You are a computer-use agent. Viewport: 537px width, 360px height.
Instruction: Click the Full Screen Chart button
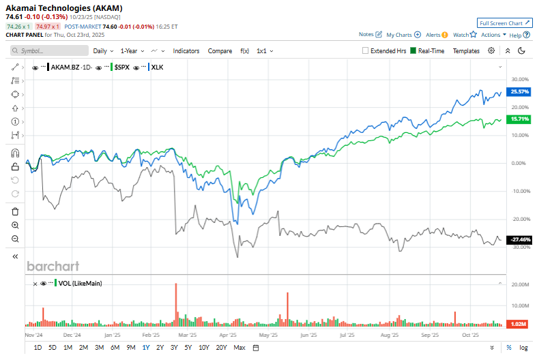[x=504, y=23]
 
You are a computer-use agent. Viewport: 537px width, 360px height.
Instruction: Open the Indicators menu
[x=186, y=50]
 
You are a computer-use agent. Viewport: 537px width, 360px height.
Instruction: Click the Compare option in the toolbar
[x=220, y=50]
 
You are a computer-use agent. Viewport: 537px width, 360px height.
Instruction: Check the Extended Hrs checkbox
[x=366, y=50]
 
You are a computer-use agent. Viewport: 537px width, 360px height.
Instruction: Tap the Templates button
[x=466, y=50]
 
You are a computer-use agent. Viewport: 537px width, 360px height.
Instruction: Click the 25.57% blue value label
[x=520, y=91]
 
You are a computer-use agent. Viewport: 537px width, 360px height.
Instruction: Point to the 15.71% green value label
[x=520, y=119]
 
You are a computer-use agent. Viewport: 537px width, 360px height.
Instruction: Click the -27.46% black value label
[x=520, y=239]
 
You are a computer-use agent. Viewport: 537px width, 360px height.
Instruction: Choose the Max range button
[x=239, y=348]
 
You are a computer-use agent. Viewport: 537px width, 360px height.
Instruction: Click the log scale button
[x=523, y=348]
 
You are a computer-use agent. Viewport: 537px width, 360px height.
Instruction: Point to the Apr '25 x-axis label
[x=229, y=335]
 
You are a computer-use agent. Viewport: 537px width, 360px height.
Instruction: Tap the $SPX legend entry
[x=122, y=67]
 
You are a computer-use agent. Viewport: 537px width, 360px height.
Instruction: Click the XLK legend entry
[x=156, y=67]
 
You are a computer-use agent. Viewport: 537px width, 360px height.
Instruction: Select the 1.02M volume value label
[x=520, y=325]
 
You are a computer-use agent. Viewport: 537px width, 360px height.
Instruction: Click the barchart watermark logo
[x=53, y=266]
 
